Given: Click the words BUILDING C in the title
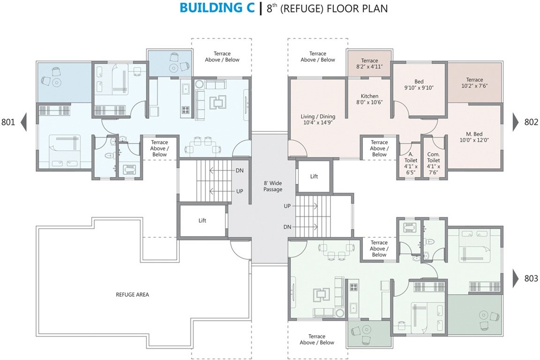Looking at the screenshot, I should (217, 9).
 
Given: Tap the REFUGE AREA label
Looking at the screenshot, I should (132, 295).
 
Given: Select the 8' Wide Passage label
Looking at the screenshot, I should (273, 186).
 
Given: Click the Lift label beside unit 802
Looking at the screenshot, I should (314, 177).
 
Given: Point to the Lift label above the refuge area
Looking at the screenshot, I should (202, 220).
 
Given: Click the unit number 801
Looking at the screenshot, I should (8, 122).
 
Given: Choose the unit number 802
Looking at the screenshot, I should (531, 122).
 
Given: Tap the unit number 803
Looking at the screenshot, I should (531, 279).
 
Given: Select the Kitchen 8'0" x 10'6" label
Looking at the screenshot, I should (369, 99).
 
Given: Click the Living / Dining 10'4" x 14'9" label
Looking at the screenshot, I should (318, 120).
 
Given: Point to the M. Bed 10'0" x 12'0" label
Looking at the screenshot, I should (475, 136).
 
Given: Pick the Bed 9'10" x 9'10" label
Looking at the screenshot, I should (419, 84).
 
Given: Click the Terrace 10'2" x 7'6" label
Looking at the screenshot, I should (474, 83).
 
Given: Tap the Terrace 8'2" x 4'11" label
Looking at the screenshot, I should (369, 64).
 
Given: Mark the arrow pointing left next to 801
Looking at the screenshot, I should (23, 122).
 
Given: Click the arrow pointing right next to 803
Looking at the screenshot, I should (515, 279).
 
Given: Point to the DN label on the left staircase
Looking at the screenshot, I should (239, 171).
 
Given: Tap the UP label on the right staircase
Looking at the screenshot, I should (287, 206).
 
